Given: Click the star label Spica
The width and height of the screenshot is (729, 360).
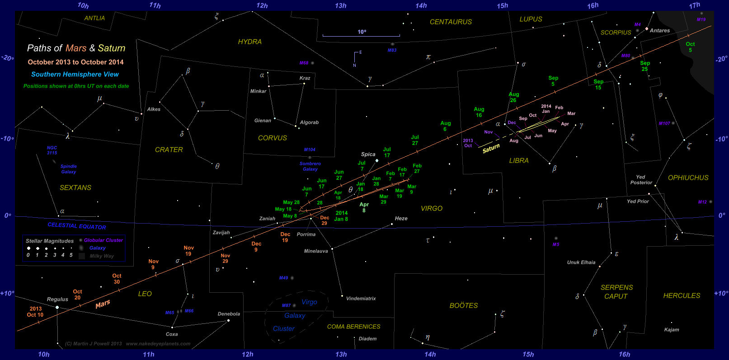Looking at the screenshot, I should (x=368, y=154).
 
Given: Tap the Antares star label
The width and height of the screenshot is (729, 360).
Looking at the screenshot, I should (x=660, y=31).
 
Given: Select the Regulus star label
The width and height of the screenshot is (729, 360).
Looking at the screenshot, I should (x=57, y=299).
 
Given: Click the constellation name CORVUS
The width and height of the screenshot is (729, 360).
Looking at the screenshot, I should (x=272, y=138).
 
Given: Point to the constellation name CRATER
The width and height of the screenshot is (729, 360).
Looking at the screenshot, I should (x=169, y=150).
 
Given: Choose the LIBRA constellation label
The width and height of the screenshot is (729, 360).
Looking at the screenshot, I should (x=518, y=161).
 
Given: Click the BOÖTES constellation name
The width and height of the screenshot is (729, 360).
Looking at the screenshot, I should (x=463, y=306).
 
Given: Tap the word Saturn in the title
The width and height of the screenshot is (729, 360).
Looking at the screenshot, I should (x=112, y=48).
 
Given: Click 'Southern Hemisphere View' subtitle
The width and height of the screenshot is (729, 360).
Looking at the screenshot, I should (x=75, y=75).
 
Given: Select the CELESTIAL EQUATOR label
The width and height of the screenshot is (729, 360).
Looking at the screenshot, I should (x=77, y=226).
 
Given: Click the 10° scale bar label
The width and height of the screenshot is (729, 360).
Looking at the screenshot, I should (x=362, y=32).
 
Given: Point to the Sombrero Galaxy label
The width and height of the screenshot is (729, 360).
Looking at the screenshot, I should (x=310, y=166).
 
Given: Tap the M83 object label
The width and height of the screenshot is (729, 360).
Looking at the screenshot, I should (x=392, y=50).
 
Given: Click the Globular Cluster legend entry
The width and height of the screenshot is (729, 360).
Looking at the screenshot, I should (x=103, y=240).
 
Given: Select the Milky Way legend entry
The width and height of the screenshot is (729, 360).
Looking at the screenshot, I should (x=102, y=256).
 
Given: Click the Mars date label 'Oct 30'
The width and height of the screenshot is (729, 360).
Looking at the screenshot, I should (x=117, y=279).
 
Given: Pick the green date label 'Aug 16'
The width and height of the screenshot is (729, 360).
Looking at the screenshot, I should (x=479, y=112).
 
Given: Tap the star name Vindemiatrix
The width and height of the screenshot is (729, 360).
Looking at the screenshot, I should (x=361, y=299).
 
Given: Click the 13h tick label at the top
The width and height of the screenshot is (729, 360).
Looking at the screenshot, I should (x=341, y=6).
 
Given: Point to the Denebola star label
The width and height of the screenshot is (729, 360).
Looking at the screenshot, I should (x=229, y=314).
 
